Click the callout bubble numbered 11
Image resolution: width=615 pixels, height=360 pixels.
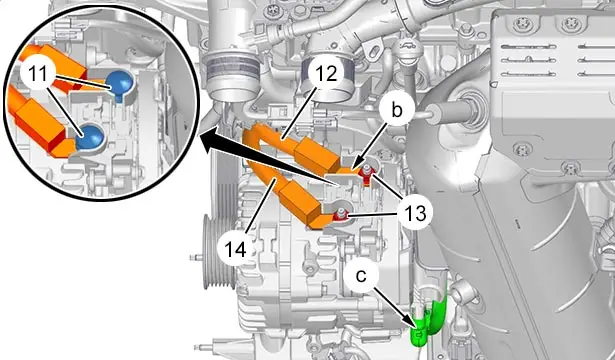tap(38, 74)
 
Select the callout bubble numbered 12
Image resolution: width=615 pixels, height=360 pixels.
tap(326, 73)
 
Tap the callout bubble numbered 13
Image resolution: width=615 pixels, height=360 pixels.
tap(416, 213)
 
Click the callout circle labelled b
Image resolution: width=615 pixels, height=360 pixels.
tap(397, 111)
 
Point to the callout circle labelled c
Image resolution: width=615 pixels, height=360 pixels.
tap(361, 275)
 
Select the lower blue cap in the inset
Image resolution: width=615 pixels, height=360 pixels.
tap(90, 137)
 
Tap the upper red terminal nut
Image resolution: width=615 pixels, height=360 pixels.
tap(366, 174)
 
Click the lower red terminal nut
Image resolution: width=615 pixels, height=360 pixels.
tap(341, 216)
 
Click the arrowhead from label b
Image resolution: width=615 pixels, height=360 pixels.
tap(356, 166)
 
